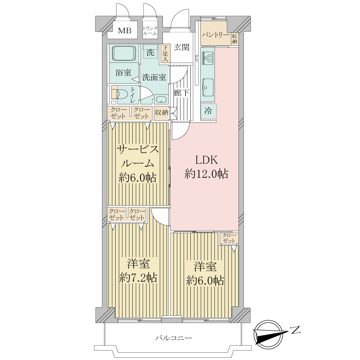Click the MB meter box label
point(125,30)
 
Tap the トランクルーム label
point(150,31)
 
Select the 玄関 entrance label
point(181,47)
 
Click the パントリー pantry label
point(216,35)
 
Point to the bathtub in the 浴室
point(124,53)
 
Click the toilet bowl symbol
point(121,94)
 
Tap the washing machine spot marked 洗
point(150,51)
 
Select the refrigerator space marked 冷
point(208,112)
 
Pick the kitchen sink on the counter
point(208,87)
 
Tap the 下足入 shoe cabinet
point(165,54)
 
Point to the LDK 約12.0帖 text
point(206,167)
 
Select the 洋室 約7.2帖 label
point(139,271)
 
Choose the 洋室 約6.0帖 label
point(205,274)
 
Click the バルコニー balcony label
point(173,338)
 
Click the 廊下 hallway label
point(181,93)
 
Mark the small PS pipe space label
point(197,58)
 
